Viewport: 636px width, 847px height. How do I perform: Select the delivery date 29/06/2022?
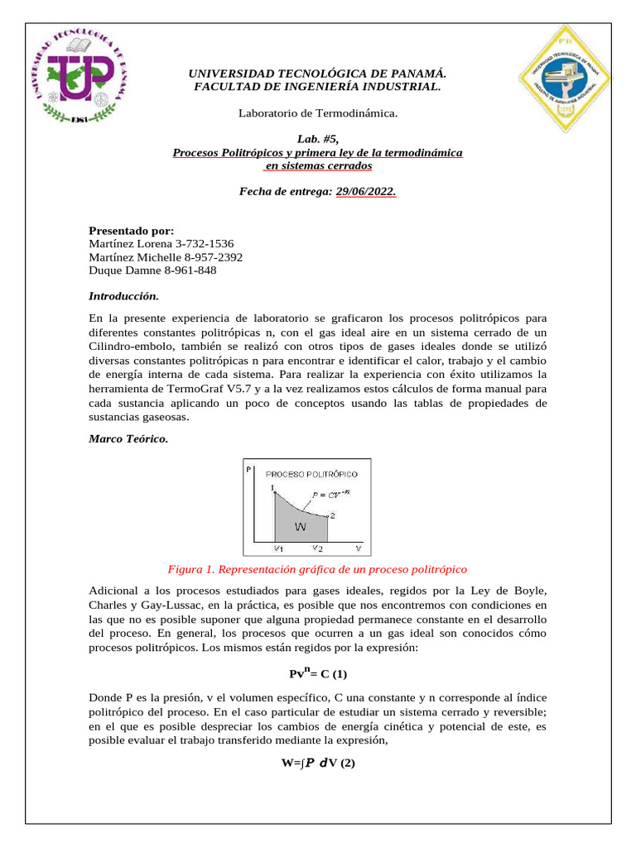(x=366, y=192)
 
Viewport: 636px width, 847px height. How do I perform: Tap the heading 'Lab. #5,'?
(x=317, y=140)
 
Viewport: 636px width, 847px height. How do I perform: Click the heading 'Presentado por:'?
(x=131, y=230)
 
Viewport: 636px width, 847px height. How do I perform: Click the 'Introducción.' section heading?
(x=123, y=295)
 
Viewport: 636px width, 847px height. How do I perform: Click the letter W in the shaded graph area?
(x=302, y=525)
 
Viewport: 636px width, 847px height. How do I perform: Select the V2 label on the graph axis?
(x=317, y=548)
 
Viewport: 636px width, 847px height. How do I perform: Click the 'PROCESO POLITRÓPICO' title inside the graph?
(x=311, y=474)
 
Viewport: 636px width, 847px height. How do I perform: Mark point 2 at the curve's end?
(x=332, y=515)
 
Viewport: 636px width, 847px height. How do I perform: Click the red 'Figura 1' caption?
(x=317, y=569)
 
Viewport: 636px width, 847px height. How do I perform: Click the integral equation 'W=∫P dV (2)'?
(x=317, y=763)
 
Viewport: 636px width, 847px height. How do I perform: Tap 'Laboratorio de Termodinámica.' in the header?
(x=317, y=112)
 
